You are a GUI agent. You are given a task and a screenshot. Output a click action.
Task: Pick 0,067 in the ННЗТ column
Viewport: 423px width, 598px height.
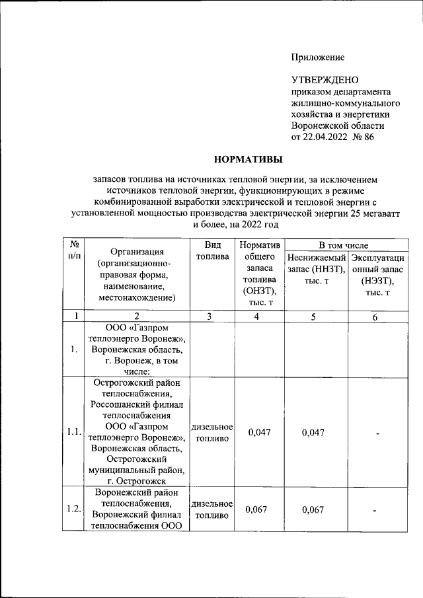(x=315, y=509)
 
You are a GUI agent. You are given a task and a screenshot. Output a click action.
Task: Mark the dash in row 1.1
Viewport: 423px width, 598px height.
(x=375, y=433)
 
